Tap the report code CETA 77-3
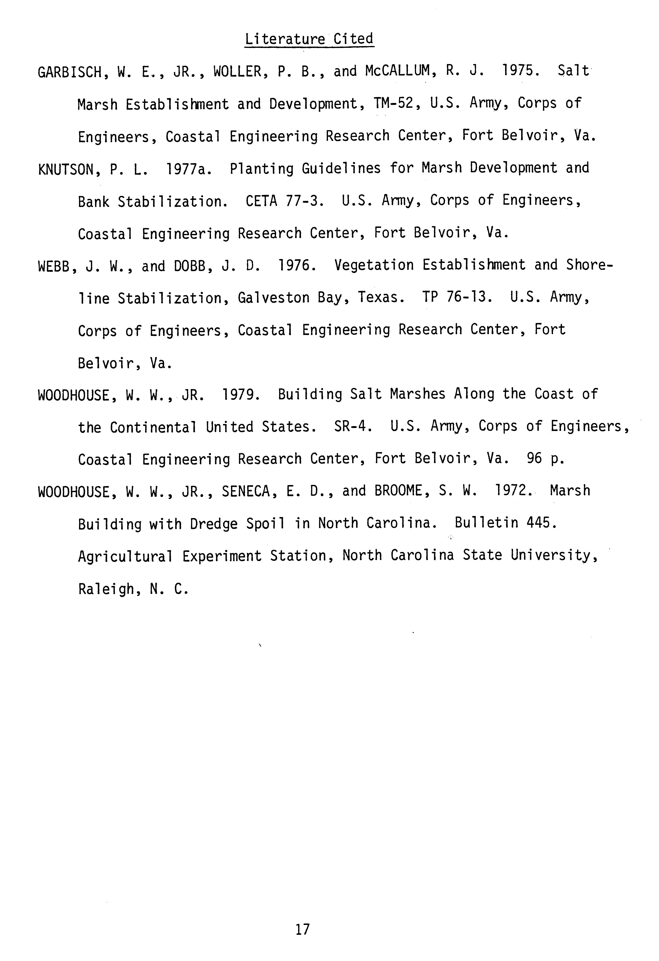click(x=284, y=201)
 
